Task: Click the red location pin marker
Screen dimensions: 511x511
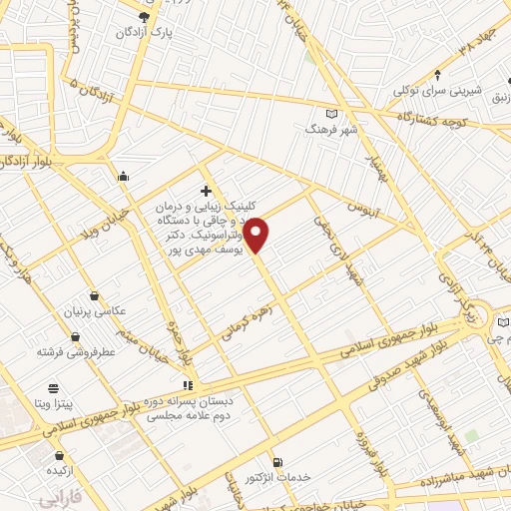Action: click(x=256, y=234)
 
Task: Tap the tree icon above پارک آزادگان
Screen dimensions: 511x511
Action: click(x=146, y=17)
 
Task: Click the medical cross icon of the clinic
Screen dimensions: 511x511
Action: click(x=206, y=191)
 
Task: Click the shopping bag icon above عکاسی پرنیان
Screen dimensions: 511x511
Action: click(x=95, y=295)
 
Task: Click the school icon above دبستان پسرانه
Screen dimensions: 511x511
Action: click(x=187, y=385)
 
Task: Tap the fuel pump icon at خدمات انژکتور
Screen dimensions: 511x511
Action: click(x=276, y=462)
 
